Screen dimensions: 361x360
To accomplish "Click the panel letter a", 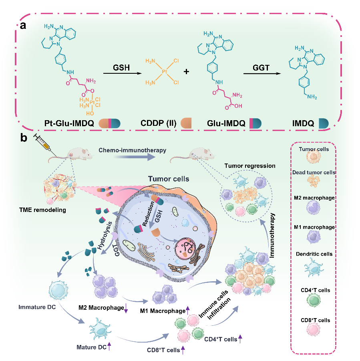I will tap(24, 26).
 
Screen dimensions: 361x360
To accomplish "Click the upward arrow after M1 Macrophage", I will tap(188, 310).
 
